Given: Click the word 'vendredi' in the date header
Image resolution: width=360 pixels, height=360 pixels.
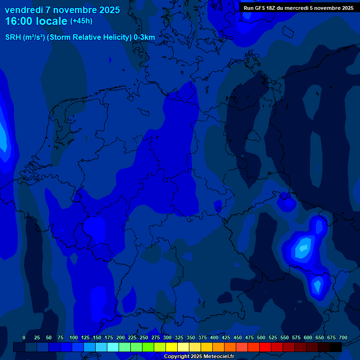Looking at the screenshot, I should pos(24,10).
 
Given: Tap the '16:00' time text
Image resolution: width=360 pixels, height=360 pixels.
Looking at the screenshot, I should pos(21,21).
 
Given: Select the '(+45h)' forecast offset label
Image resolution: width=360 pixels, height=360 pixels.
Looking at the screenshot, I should pos(81,21).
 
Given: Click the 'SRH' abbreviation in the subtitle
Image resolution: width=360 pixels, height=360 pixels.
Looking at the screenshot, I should pos(13,37).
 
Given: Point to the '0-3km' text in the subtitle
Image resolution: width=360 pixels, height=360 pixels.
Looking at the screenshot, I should pos(144,37).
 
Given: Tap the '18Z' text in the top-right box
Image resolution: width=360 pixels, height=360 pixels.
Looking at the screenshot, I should pos(275,8).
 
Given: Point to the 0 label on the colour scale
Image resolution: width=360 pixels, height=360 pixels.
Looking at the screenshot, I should pos(24,337).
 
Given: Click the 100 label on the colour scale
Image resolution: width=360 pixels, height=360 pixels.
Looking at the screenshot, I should pos(74,337).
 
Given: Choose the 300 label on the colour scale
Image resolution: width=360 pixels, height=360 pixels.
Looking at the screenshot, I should pos(167,337).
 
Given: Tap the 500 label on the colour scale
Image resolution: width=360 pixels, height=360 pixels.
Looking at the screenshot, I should pos(261,337).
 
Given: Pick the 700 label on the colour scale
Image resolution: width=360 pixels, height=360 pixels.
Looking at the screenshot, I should pos(343,337).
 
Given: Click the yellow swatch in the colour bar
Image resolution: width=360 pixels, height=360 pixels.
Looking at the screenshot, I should pos(172,347).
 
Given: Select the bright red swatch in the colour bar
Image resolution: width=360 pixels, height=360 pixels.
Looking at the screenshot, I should pos(265,347).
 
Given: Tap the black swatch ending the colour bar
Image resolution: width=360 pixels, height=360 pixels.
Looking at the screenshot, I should pos(336,347).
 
